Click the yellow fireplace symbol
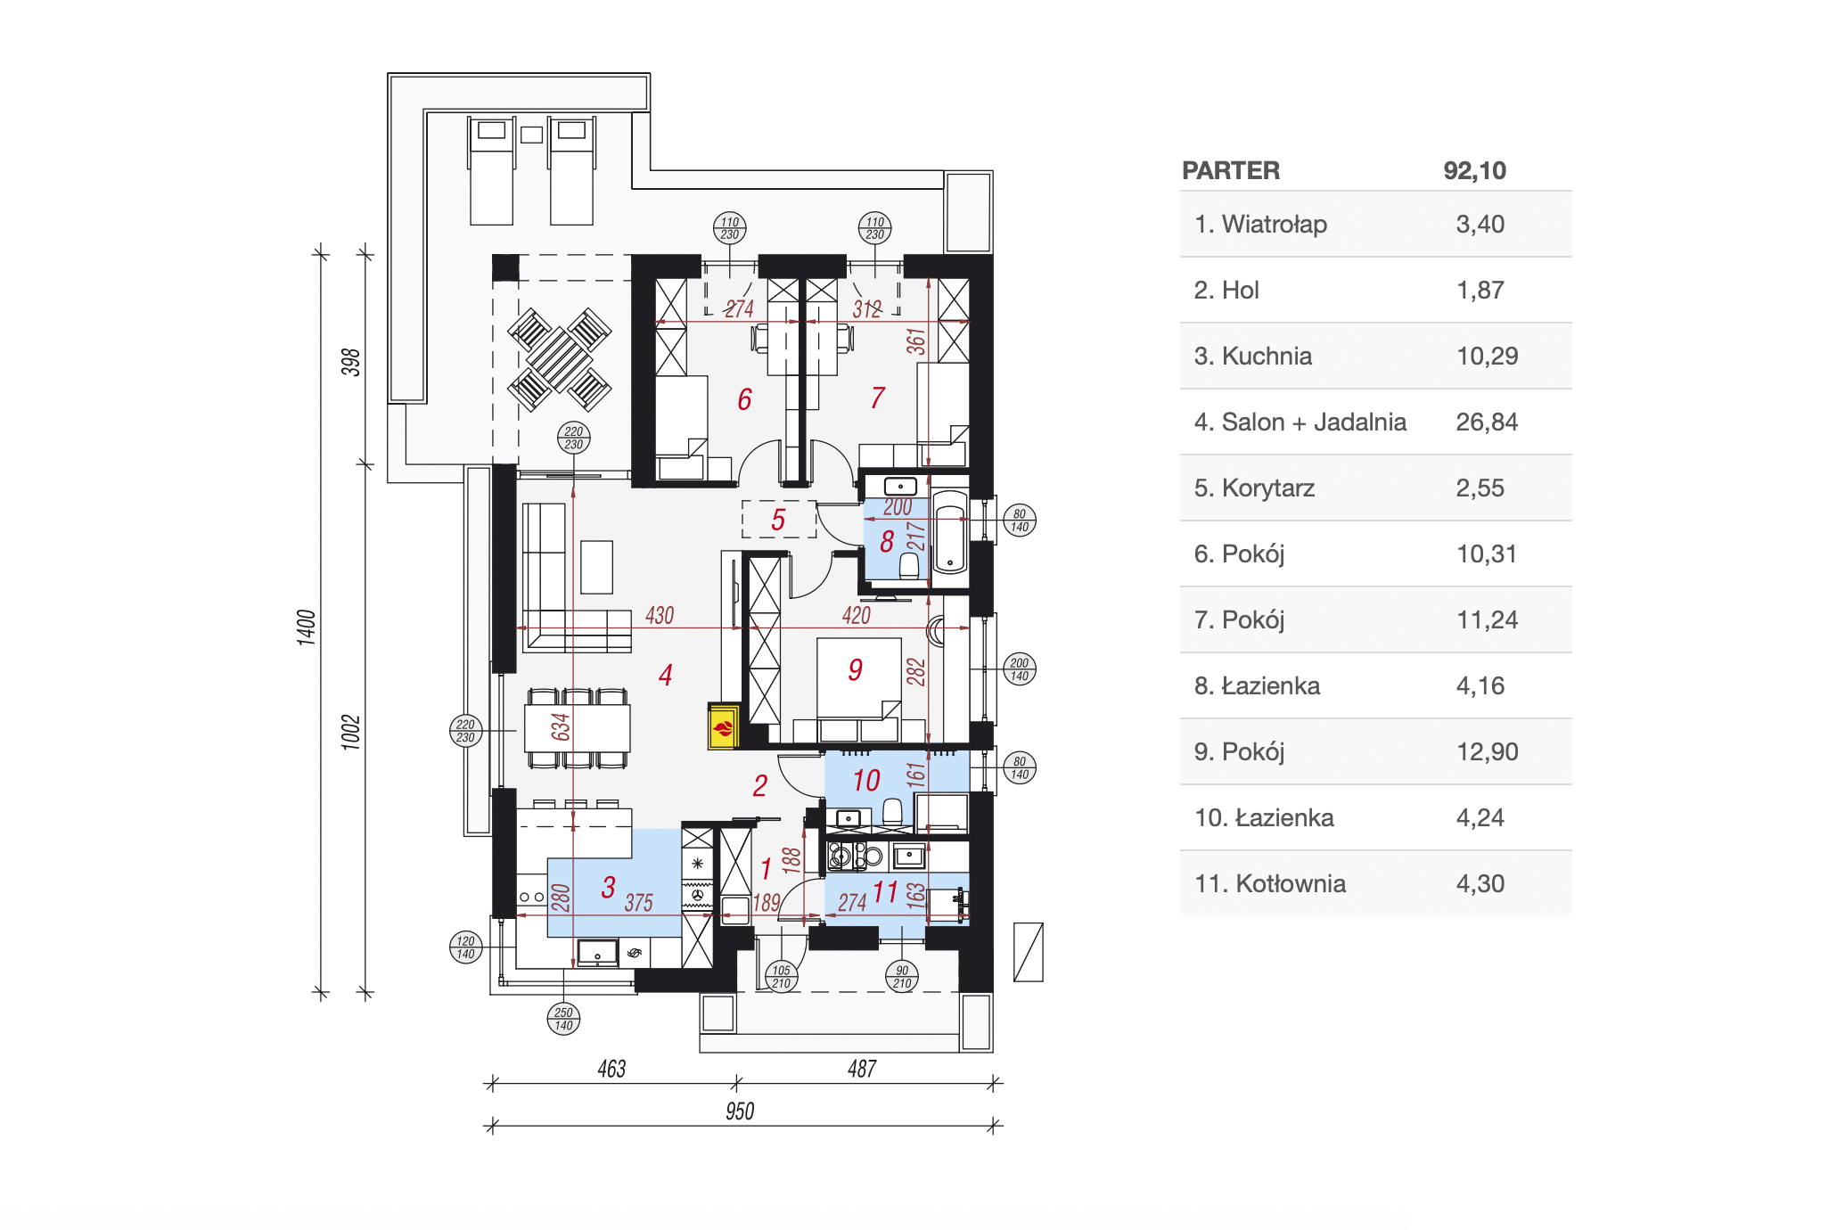723,726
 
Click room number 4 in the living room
665,675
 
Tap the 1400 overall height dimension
306,627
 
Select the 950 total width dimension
740,1111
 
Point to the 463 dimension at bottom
611,1069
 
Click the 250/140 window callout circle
563,1018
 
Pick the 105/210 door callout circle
782,976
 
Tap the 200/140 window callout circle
1020,668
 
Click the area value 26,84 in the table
1487,422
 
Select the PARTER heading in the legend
1231,170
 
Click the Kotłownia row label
1270,883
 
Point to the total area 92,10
1475,170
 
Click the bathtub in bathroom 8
950,531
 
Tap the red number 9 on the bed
856,669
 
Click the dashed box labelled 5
779,519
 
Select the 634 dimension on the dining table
560,726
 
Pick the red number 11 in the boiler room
885,891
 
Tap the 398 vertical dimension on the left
351,362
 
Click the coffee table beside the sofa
596,567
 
